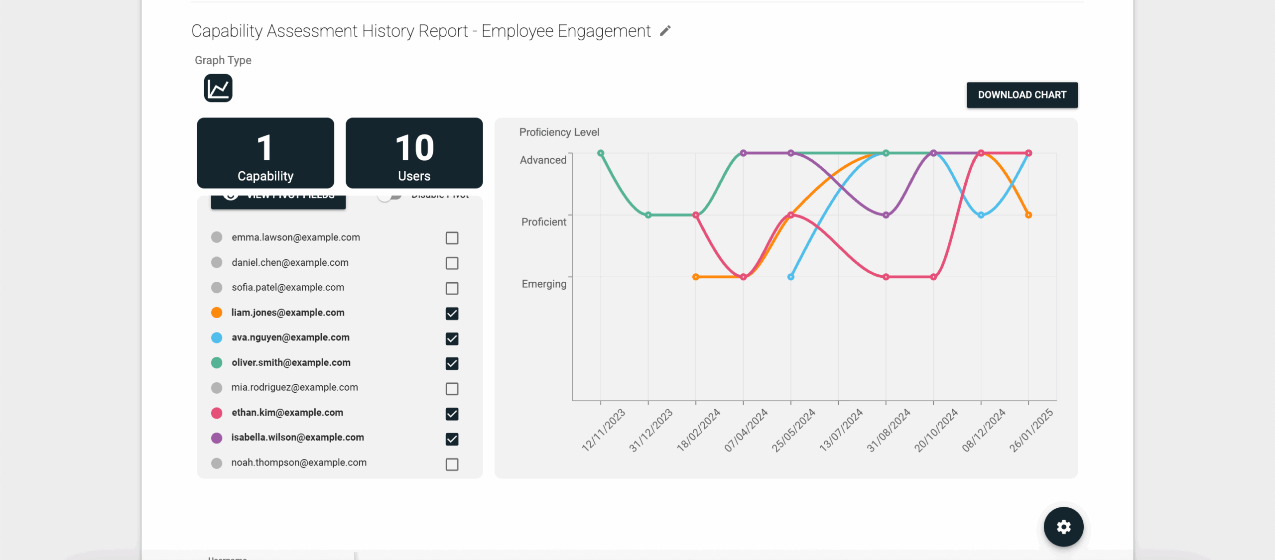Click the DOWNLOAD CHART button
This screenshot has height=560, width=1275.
point(1021,95)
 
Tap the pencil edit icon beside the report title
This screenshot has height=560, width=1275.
point(665,31)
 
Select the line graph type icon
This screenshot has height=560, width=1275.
point(218,89)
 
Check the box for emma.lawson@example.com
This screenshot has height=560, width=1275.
point(452,238)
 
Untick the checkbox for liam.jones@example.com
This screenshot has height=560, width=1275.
point(452,313)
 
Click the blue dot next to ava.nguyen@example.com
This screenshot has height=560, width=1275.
point(217,338)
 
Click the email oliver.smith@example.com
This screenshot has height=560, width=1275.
point(291,363)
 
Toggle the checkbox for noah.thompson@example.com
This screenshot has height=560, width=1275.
point(452,464)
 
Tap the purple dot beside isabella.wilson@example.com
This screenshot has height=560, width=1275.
point(217,438)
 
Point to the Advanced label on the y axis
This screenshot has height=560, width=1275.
point(543,160)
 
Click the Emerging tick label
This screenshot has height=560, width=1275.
point(544,284)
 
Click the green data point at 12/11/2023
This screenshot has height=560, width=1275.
point(601,153)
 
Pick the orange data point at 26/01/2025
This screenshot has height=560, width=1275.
point(1028,215)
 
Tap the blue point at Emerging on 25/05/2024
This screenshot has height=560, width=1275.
point(791,277)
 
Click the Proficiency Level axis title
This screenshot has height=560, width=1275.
point(559,132)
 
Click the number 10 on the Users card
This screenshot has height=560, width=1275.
point(414,148)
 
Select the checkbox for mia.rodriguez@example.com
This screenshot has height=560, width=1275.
point(452,389)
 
